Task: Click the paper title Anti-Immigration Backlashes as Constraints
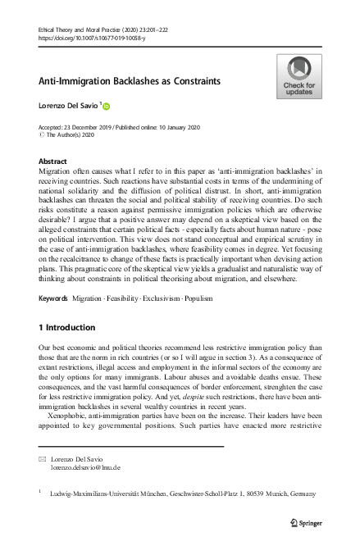coord(128,82)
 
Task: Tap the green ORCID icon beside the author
coord(105,107)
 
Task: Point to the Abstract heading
coord(53,162)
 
